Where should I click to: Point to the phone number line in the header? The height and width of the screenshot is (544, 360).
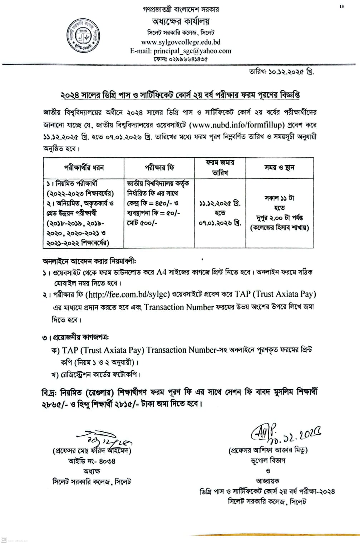181,59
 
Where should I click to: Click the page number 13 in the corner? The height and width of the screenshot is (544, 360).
341,6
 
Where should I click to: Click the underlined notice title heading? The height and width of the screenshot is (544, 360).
180,95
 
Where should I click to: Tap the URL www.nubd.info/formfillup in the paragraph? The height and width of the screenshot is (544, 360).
237,125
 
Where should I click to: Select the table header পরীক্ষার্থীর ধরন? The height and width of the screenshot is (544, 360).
84,167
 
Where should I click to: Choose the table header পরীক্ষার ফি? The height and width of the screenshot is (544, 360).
159,167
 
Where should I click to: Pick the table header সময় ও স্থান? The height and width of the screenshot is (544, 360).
279,167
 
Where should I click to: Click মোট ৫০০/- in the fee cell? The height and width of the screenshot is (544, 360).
142,223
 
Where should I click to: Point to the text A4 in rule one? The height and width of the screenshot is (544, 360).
162,272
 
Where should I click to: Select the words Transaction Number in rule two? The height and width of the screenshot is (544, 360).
179,307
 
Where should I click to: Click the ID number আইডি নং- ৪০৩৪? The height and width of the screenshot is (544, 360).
92,461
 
